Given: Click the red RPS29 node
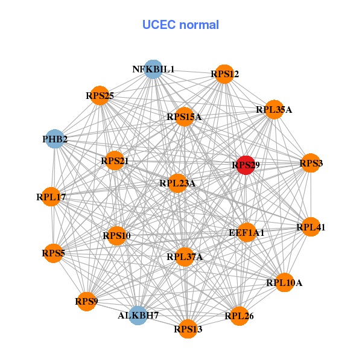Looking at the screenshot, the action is click(244, 165).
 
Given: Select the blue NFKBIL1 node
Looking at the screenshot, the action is click(153, 69).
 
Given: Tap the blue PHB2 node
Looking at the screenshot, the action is click(55, 139).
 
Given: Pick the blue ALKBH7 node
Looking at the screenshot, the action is click(139, 315).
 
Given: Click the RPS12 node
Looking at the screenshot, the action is click(224, 74).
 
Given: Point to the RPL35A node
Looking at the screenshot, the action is click(274, 110).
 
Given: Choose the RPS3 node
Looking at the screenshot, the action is click(310, 163).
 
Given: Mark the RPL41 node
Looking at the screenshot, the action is click(311, 227).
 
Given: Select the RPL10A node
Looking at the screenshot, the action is click(285, 282).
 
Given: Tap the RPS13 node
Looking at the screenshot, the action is click(188, 329).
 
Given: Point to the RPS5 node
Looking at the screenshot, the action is click(53, 253).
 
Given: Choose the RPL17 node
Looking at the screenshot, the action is click(51, 197).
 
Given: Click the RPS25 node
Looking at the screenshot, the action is click(100, 95).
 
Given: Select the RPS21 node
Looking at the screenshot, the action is click(115, 161).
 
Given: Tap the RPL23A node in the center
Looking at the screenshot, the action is click(177, 183).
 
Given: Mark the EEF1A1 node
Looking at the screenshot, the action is click(246, 232).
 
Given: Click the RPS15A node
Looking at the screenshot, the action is click(184, 117).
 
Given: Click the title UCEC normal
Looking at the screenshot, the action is click(180, 25).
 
